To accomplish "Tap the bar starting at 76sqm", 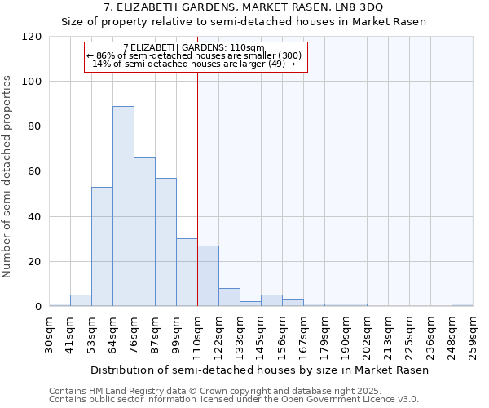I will tap(144, 232).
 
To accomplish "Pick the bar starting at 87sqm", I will tap(165, 242).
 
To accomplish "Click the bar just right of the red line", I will tap(208, 276).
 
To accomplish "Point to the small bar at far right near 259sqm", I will tap(462, 305).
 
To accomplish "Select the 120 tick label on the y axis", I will tap(32, 37).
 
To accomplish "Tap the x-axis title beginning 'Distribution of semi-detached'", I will tap(259, 370).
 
